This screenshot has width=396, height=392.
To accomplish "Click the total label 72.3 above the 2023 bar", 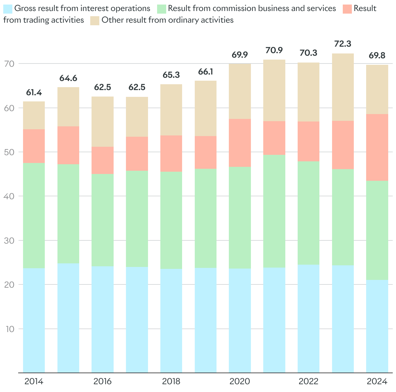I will pos(342,44).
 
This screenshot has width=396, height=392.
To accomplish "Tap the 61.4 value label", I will pos(34,93).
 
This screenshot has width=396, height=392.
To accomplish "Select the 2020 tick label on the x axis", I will pos(240,381).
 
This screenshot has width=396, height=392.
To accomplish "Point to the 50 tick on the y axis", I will pos(9,152).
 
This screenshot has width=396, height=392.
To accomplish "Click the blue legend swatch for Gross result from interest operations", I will pos(8,8).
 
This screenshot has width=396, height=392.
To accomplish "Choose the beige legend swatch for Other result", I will pos(95,20).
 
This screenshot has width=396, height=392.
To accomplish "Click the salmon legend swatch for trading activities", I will pos(347,8).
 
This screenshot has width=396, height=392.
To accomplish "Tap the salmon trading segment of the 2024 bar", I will pos(377,147).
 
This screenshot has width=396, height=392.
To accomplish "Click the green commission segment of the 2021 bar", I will pos(274,211).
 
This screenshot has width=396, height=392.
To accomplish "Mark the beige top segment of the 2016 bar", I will pos(103,121).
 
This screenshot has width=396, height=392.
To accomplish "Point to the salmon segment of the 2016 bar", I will pos(103,160).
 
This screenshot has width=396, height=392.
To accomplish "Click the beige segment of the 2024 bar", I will pos(377,89).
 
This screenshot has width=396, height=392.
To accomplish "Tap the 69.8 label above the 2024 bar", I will pos(377,56).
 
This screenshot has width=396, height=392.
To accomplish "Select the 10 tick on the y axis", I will pos(9,329).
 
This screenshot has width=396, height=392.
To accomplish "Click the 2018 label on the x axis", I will pos(171,381).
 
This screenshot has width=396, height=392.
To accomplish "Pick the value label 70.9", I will pos(274,50).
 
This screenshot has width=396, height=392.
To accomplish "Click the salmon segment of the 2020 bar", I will pos(240,143).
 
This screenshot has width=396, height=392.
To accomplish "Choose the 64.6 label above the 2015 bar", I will pos(68,78).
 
